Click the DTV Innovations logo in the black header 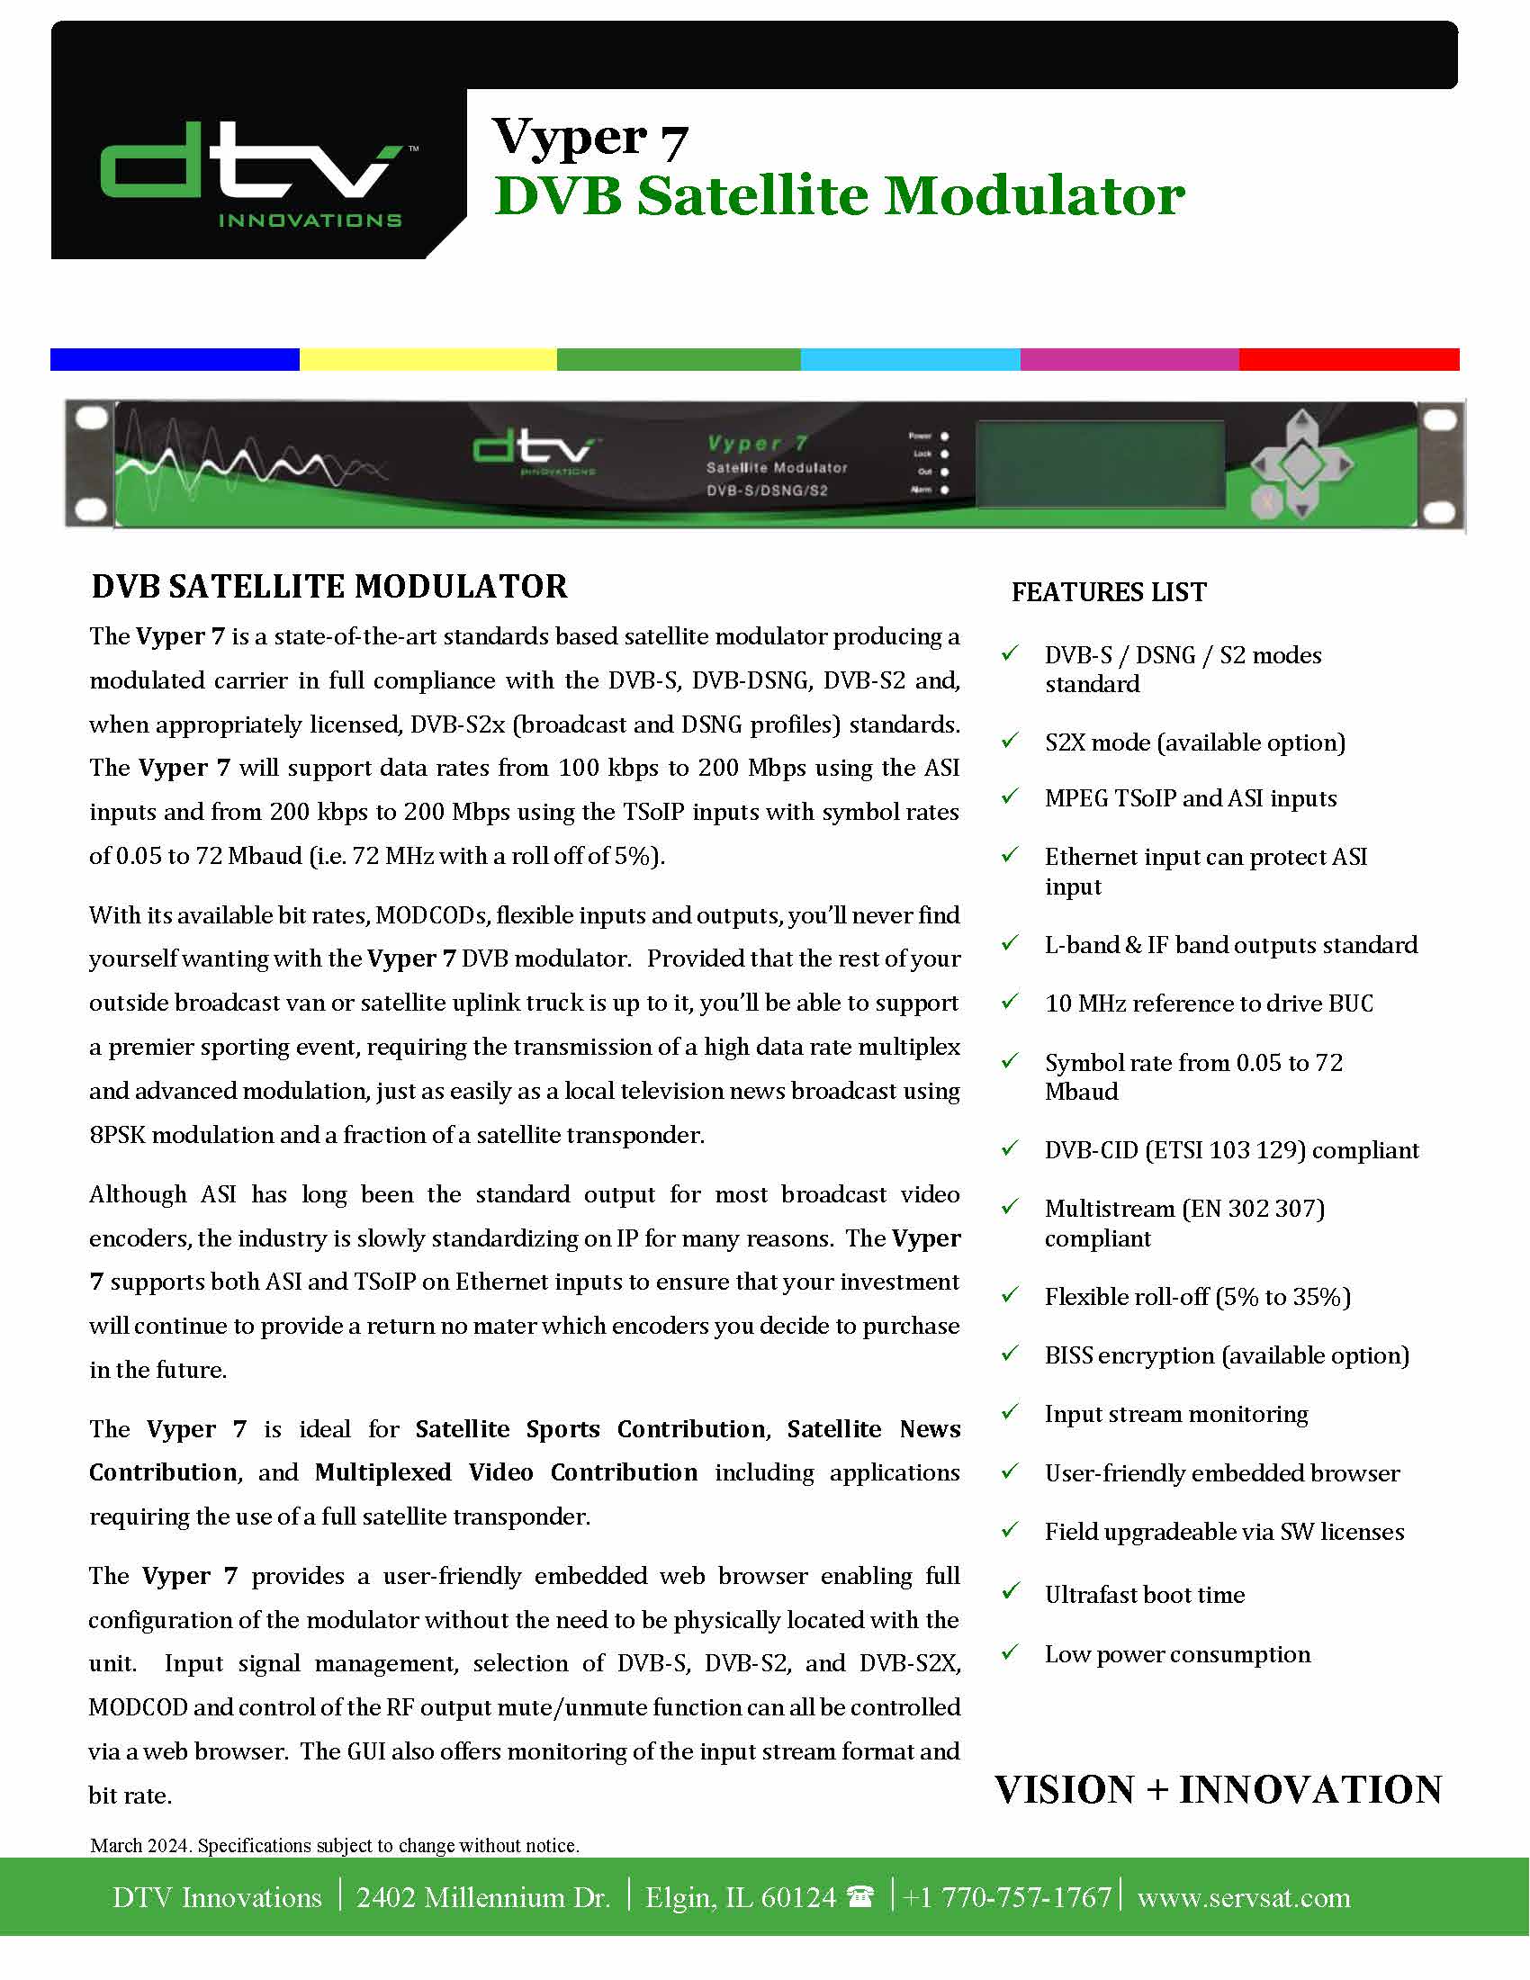coord(252,172)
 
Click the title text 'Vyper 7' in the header coord(590,138)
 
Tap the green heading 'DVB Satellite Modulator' coord(840,196)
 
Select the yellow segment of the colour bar coord(427,360)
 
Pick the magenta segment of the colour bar coord(1129,360)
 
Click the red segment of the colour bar coord(1349,360)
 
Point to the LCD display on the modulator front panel coord(1100,464)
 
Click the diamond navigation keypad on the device coord(1301,464)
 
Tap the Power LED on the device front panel coord(944,436)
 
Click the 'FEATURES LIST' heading coord(1109,592)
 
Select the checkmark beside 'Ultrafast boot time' coord(1010,1592)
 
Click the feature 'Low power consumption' coord(1177,1654)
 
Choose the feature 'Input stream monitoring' coord(1175,1414)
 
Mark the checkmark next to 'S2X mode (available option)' coord(1010,741)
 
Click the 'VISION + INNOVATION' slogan coord(1218,1789)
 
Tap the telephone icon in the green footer coord(859,1896)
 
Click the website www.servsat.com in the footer coord(1244,1897)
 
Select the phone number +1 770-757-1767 coord(1007,1897)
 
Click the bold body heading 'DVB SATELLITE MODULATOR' coord(329,587)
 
